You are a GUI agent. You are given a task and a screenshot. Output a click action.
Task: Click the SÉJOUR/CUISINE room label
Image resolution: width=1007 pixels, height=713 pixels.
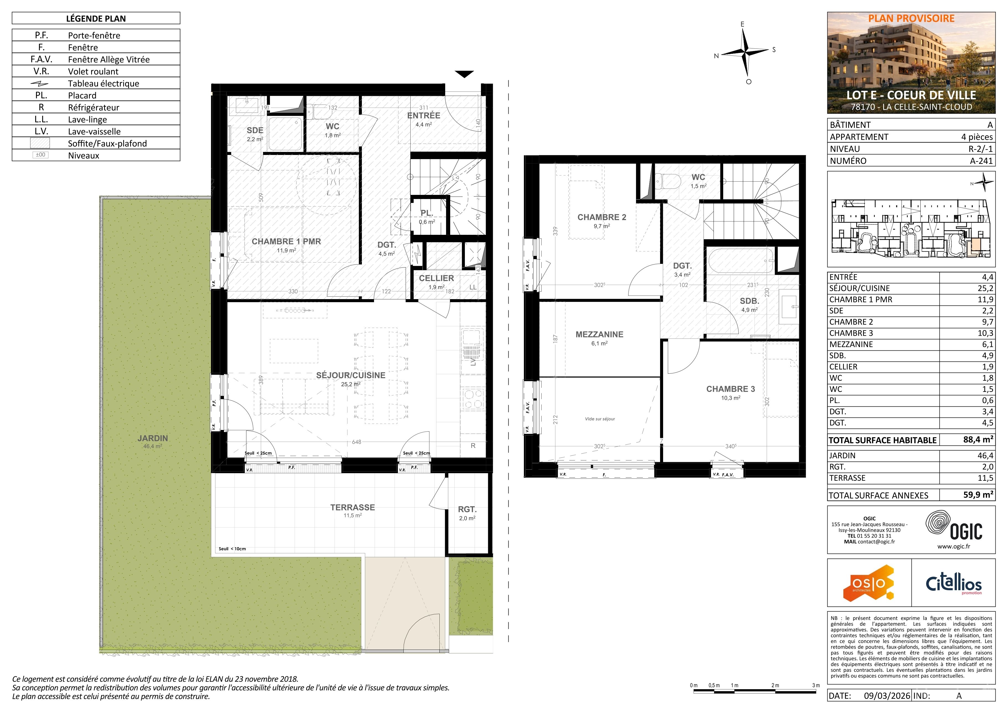point(351,375)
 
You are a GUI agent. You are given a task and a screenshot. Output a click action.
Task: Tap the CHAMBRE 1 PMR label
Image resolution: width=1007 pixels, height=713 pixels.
point(286,241)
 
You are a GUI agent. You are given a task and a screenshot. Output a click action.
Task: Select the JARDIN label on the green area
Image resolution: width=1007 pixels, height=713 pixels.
point(153,438)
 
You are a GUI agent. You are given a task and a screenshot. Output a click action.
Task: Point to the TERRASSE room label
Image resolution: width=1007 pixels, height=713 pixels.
point(353,508)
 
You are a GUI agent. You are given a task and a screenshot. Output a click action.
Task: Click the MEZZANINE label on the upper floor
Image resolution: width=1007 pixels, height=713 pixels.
point(599,335)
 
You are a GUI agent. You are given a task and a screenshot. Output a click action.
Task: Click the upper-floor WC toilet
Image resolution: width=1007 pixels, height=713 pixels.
point(667,180)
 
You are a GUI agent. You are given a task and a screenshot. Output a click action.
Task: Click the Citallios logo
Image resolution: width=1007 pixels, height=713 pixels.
point(954,584)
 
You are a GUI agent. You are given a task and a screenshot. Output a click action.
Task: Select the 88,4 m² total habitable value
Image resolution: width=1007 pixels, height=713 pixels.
point(978,439)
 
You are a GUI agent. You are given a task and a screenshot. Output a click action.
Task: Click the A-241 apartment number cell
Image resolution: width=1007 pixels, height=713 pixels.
point(981,161)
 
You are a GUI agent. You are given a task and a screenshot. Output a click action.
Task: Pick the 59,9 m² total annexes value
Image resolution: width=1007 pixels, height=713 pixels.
point(978,495)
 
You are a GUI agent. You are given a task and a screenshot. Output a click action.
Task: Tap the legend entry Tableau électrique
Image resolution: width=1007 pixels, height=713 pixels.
point(104,83)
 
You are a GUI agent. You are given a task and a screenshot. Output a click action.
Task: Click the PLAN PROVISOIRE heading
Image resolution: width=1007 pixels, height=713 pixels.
point(911,19)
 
